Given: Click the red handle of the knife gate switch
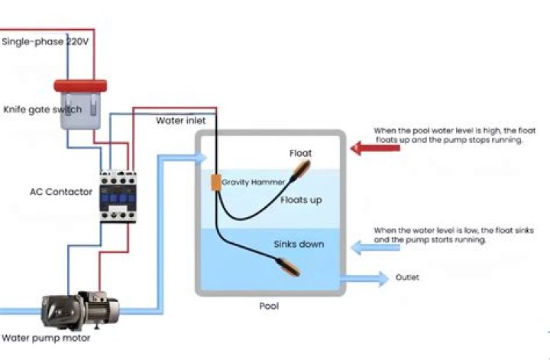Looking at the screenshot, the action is tap(80, 86).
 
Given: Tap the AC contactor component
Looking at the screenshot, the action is tap(118, 196).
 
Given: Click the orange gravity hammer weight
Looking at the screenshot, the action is tap(216, 183).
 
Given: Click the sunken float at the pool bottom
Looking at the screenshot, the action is tap(289, 267).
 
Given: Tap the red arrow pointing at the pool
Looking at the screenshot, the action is tap(375, 148).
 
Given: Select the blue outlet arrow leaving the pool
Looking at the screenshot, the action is tap(365, 279).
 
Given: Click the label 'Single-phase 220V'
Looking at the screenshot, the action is tap(45, 42).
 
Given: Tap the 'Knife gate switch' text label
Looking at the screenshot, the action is tap(43, 109).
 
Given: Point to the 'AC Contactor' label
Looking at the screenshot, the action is tap(61, 192).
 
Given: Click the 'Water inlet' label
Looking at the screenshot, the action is tap(180, 121).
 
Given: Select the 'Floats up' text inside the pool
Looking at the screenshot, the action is tap(301, 200).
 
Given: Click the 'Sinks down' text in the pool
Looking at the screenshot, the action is tap(299, 245).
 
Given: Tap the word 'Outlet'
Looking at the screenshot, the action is tap(407, 277).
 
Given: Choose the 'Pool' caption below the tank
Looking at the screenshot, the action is tap(269, 306).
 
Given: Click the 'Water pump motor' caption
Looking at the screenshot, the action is tap(46, 339).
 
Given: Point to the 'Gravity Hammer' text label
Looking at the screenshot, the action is tap(254, 182).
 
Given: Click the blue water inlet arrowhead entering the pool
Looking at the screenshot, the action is tap(201, 158).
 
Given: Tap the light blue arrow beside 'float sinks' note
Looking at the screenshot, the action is tap(375, 248).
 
